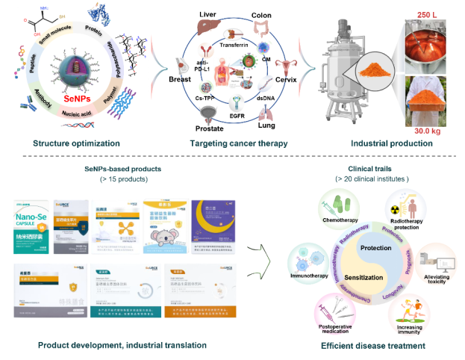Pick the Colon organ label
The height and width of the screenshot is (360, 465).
click(261, 14)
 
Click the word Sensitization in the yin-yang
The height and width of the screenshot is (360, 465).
click(364, 276)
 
